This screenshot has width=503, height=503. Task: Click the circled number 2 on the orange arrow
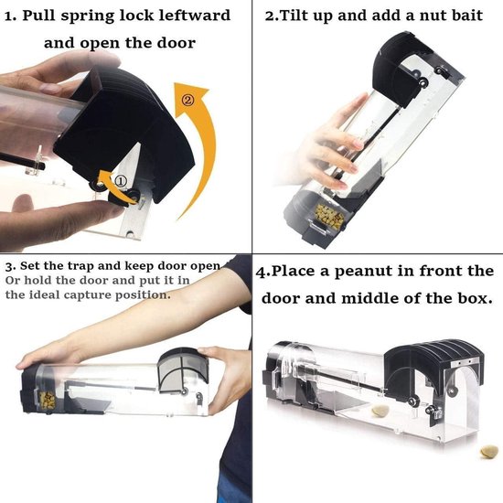188,101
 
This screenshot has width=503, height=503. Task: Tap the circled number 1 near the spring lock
121,182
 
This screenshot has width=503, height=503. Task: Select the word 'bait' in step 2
466,16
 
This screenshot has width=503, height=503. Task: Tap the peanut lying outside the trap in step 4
489,452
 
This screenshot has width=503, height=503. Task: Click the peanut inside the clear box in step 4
380,411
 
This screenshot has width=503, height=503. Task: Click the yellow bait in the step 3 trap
47,401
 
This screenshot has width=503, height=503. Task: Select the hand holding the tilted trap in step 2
330,144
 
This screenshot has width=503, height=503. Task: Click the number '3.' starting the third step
10,266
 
